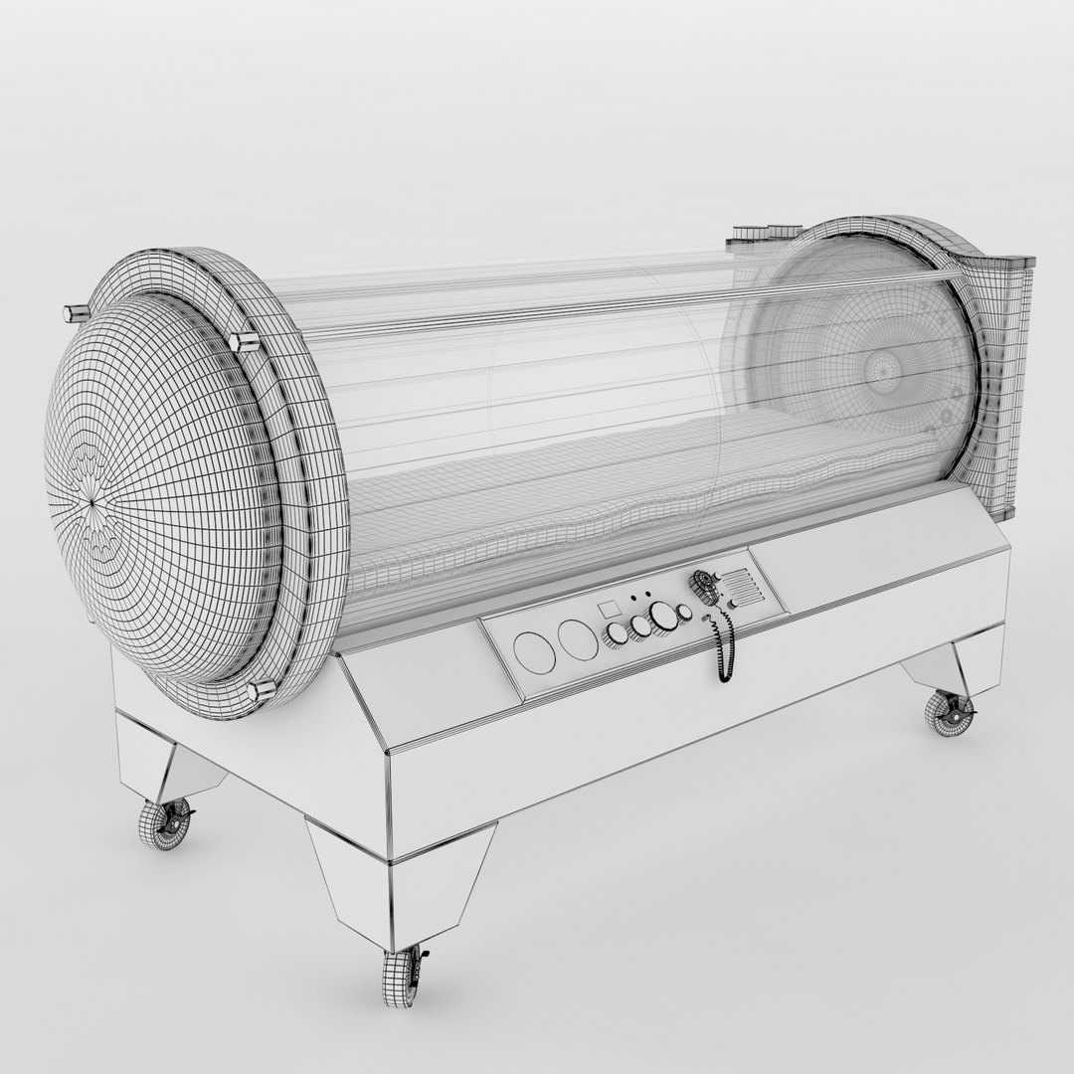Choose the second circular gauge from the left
pos(577,639)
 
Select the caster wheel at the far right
pos(949,711)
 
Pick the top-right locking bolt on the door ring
pos(243,342)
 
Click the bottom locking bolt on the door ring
pos(262,690)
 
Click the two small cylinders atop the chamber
pos(760,233)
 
